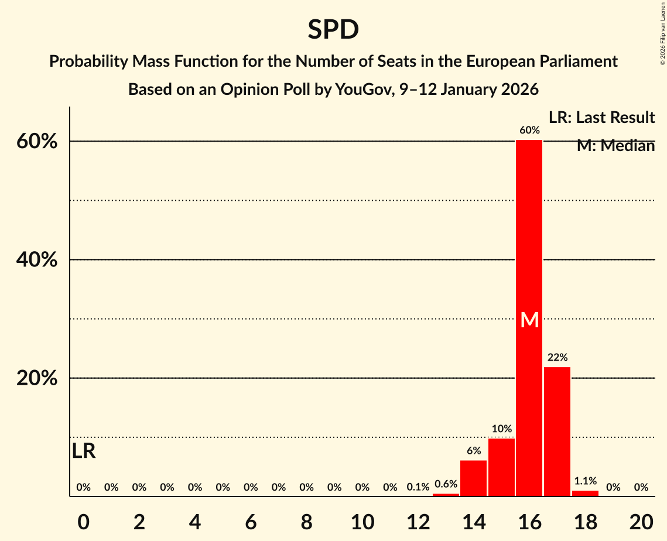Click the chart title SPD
333,29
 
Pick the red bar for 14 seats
473,478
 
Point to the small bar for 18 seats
585,493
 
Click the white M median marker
529,320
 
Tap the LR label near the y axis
84,451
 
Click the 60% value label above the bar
529,130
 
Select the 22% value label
557,357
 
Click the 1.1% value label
585,481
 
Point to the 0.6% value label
446,484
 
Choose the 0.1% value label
418,487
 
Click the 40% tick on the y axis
37,259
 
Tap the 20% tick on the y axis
37,378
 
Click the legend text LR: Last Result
601,118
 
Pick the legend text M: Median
615,146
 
